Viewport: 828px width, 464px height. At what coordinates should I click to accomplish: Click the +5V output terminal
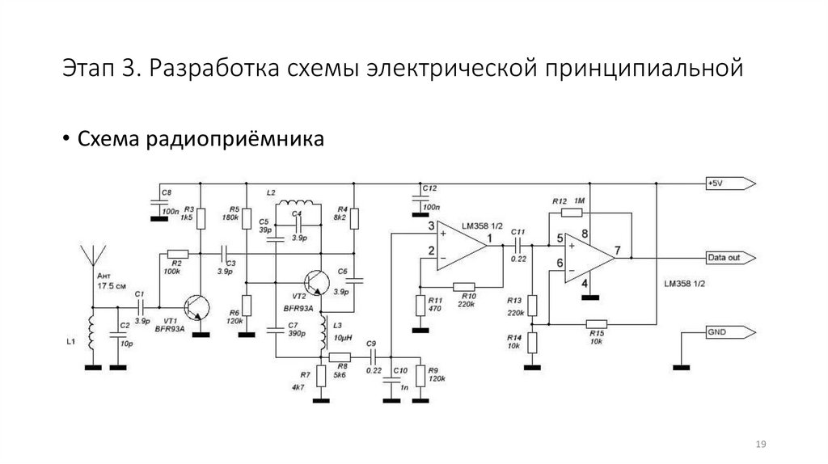point(730,183)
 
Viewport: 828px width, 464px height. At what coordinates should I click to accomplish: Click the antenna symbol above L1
point(92,253)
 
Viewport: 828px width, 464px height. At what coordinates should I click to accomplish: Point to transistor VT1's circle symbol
point(196,307)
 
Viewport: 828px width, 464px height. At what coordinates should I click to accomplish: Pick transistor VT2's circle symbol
point(315,283)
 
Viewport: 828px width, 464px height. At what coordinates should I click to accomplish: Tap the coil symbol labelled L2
point(298,202)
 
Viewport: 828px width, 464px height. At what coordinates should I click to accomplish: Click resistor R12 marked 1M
point(571,213)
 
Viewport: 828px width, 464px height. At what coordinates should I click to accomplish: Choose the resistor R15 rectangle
point(598,323)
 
